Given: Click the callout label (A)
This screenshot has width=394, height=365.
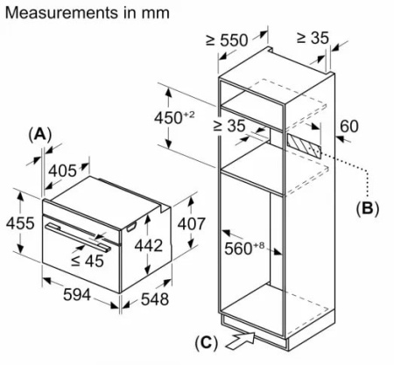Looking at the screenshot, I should [40, 134].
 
